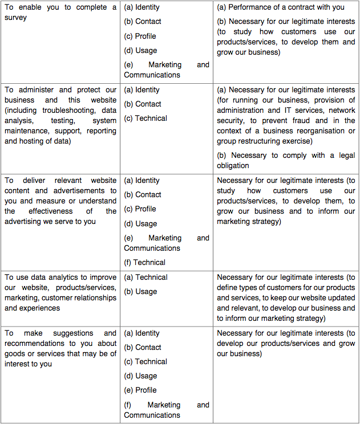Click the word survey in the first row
pyautogui.click(x=16, y=18)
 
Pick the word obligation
pyautogui.click(x=233, y=166)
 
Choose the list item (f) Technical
pyautogui.click(x=145, y=262)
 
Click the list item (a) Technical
pyautogui.click(x=145, y=277)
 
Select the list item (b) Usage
pyautogui.click(x=140, y=291)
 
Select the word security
pyautogui.click(x=233, y=120)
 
